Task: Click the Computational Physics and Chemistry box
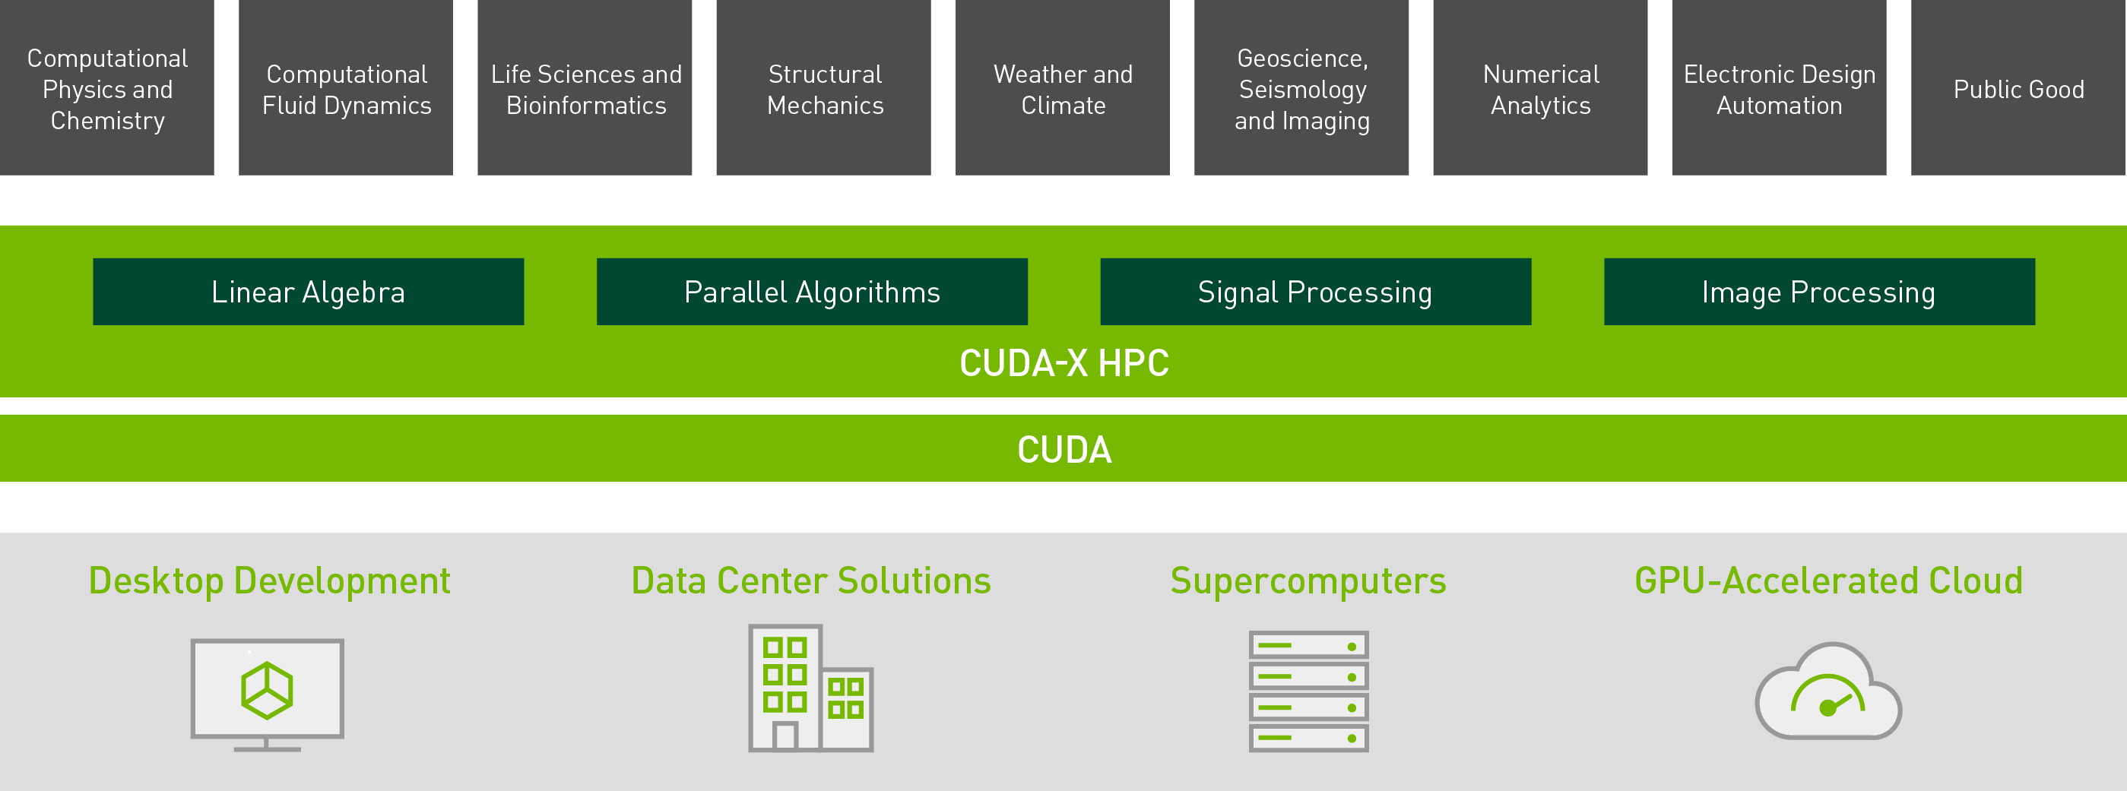click(x=107, y=87)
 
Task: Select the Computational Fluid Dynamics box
click(x=346, y=87)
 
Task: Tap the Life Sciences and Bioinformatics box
click(x=585, y=87)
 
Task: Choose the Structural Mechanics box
click(x=824, y=87)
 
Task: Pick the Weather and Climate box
click(x=1063, y=87)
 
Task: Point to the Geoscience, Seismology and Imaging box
click(x=1301, y=87)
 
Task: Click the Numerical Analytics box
click(x=1541, y=87)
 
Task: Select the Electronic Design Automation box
click(x=1780, y=87)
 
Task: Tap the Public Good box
click(x=2018, y=87)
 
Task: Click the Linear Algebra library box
click(x=309, y=292)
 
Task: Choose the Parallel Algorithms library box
click(x=813, y=292)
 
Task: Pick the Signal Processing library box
click(x=1316, y=292)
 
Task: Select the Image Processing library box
click(x=1820, y=292)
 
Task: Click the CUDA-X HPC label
click(x=1064, y=363)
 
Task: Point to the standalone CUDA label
click(x=1064, y=450)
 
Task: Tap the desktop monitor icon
click(x=268, y=694)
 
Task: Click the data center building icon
click(x=811, y=688)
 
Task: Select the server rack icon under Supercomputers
click(x=1309, y=691)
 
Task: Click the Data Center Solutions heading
click(x=811, y=581)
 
